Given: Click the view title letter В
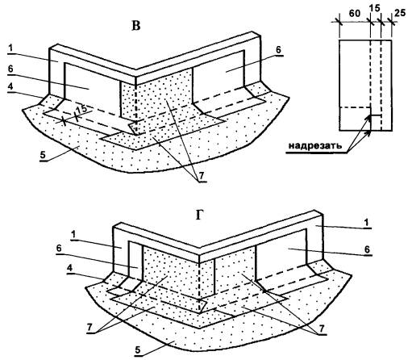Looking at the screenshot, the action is [136, 26].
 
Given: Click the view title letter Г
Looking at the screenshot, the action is [199, 215].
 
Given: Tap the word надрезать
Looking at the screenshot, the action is [315, 146].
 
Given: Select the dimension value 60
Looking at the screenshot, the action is [355, 14].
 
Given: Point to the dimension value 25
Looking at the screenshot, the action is [400, 13].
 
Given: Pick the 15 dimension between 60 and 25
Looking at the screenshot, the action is [375, 8].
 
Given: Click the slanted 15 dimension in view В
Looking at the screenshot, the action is [81, 109].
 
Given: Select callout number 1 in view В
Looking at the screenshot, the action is [10, 48].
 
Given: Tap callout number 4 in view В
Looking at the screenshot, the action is [10, 86].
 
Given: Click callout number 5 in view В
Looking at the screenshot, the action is [43, 156].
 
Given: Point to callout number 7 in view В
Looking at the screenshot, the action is [202, 176].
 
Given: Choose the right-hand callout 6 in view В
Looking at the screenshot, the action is [278, 50].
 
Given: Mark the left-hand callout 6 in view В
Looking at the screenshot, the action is [10, 69].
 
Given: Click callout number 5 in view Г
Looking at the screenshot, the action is [138, 350].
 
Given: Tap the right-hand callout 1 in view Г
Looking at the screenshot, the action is [367, 223].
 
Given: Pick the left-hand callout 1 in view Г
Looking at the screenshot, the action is [73, 235].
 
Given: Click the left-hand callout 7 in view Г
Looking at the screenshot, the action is [89, 328].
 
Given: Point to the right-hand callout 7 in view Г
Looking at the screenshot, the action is [322, 329].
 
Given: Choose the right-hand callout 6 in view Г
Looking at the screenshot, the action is [367, 249].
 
